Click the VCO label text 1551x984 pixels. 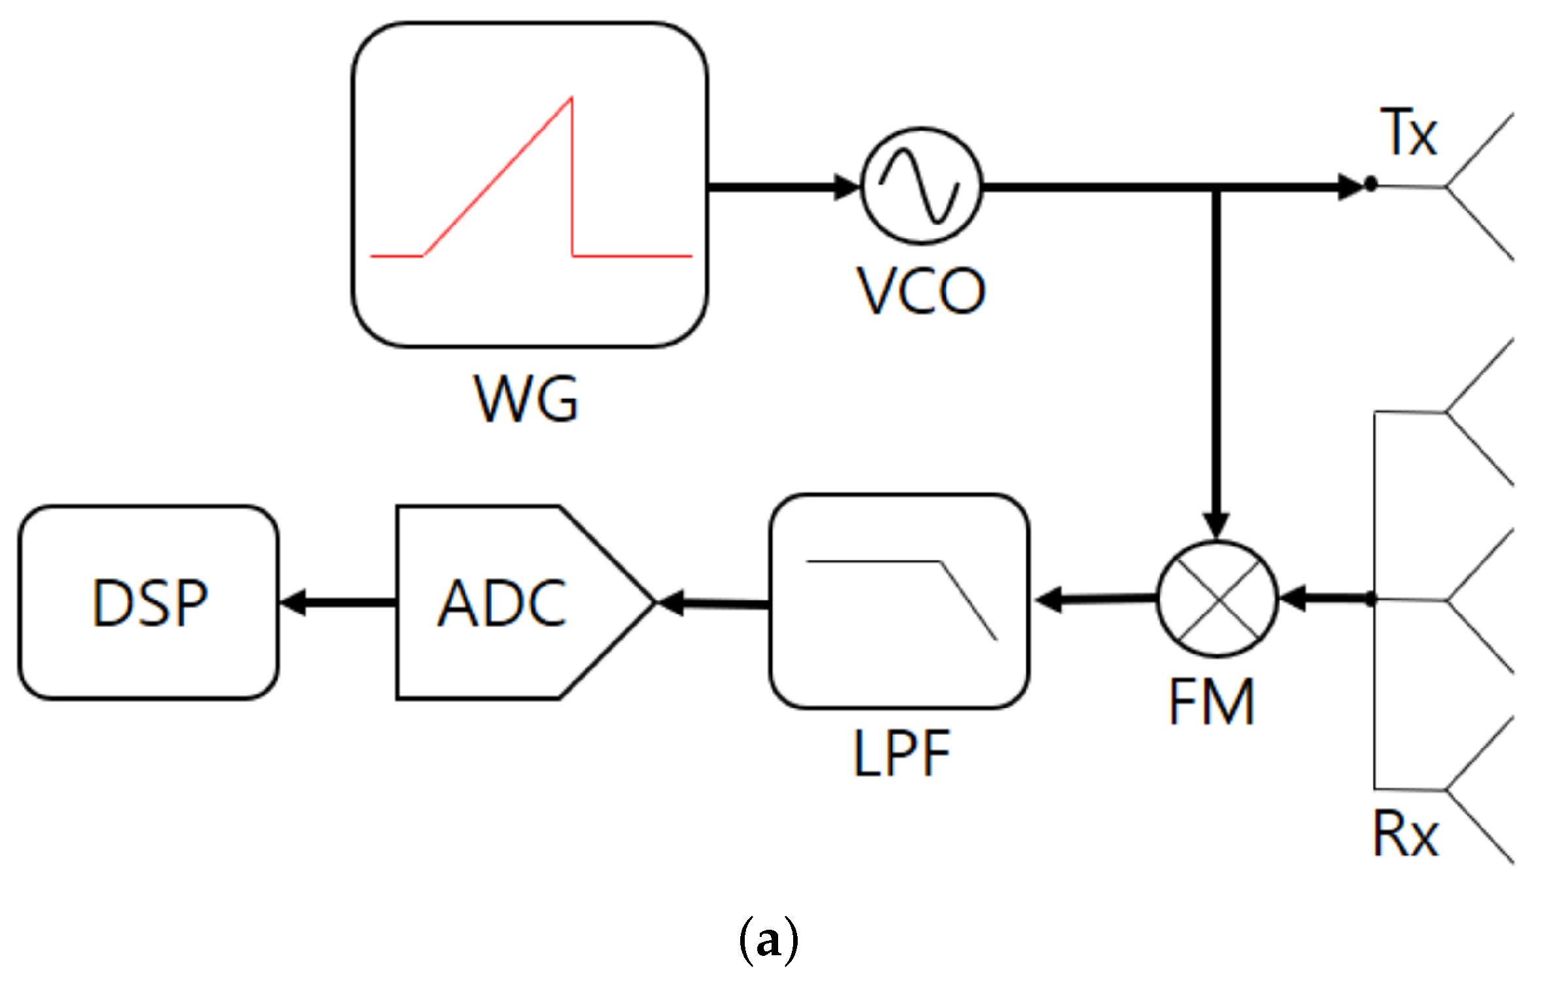[921, 292]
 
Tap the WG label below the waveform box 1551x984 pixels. [526, 399]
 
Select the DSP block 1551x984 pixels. [149, 603]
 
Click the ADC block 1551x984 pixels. [503, 603]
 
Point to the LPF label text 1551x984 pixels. [902, 754]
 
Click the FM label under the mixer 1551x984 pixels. [1211, 702]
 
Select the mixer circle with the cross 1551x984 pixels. [1217, 599]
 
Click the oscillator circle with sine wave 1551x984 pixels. [921, 186]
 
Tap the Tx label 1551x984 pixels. [1408, 133]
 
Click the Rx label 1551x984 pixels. [1405, 834]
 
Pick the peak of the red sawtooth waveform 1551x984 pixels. [571, 99]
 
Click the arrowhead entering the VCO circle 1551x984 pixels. [847, 187]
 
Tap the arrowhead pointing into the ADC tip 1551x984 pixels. [671, 602]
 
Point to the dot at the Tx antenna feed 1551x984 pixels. [1371, 184]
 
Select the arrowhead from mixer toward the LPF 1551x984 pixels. [1049, 600]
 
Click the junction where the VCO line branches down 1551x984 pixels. [1216, 188]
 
